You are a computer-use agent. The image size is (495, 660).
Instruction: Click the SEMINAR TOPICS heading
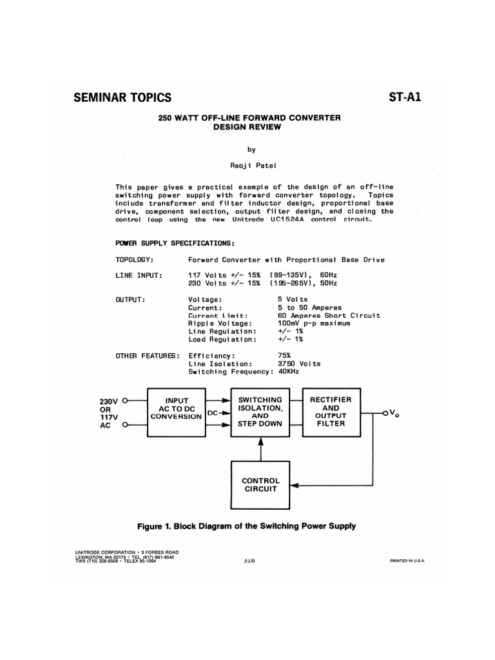pyautogui.click(x=122, y=98)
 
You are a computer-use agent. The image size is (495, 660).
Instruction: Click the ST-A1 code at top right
pyautogui.click(x=405, y=98)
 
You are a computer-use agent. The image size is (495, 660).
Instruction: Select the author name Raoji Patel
pyautogui.click(x=248, y=165)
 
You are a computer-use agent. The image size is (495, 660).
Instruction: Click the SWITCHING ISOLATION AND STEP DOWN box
pyautogui.click(x=260, y=412)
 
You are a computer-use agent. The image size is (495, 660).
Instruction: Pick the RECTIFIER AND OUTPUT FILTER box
pyautogui.click(x=331, y=412)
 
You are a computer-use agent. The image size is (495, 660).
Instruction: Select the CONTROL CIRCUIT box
pyautogui.click(x=260, y=485)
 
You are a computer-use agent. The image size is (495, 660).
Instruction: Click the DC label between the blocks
pyautogui.click(x=213, y=412)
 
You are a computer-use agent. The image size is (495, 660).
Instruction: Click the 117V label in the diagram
pyautogui.click(x=106, y=417)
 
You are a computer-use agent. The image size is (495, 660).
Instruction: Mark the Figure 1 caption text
pyautogui.click(x=247, y=526)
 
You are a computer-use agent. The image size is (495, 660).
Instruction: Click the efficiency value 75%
pyautogui.click(x=284, y=355)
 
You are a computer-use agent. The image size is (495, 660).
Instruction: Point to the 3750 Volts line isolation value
pyautogui.click(x=298, y=364)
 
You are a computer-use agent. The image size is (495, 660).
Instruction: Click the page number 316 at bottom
pyautogui.click(x=249, y=561)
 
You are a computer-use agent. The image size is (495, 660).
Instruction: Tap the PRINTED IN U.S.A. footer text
pyautogui.click(x=407, y=561)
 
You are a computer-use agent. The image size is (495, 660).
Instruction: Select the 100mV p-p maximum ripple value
pyautogui.click(x=314, y=324)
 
